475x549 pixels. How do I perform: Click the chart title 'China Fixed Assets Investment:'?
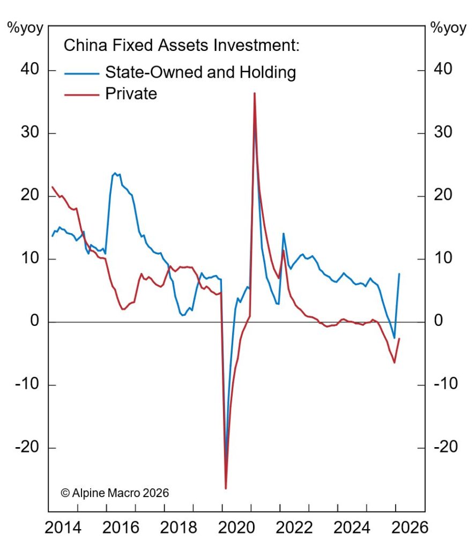coord(181,45)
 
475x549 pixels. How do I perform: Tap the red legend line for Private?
coord(81,94)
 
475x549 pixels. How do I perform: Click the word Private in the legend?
coord(131,94)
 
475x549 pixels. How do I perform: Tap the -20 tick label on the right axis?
coord(444,448)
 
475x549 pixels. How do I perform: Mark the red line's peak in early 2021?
coord(254,93)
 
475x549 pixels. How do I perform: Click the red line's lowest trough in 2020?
coord(226,488)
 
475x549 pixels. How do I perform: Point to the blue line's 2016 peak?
coord(115,173)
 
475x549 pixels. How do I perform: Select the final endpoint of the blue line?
coord(399,273)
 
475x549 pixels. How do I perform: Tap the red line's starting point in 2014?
coord(52,187)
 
